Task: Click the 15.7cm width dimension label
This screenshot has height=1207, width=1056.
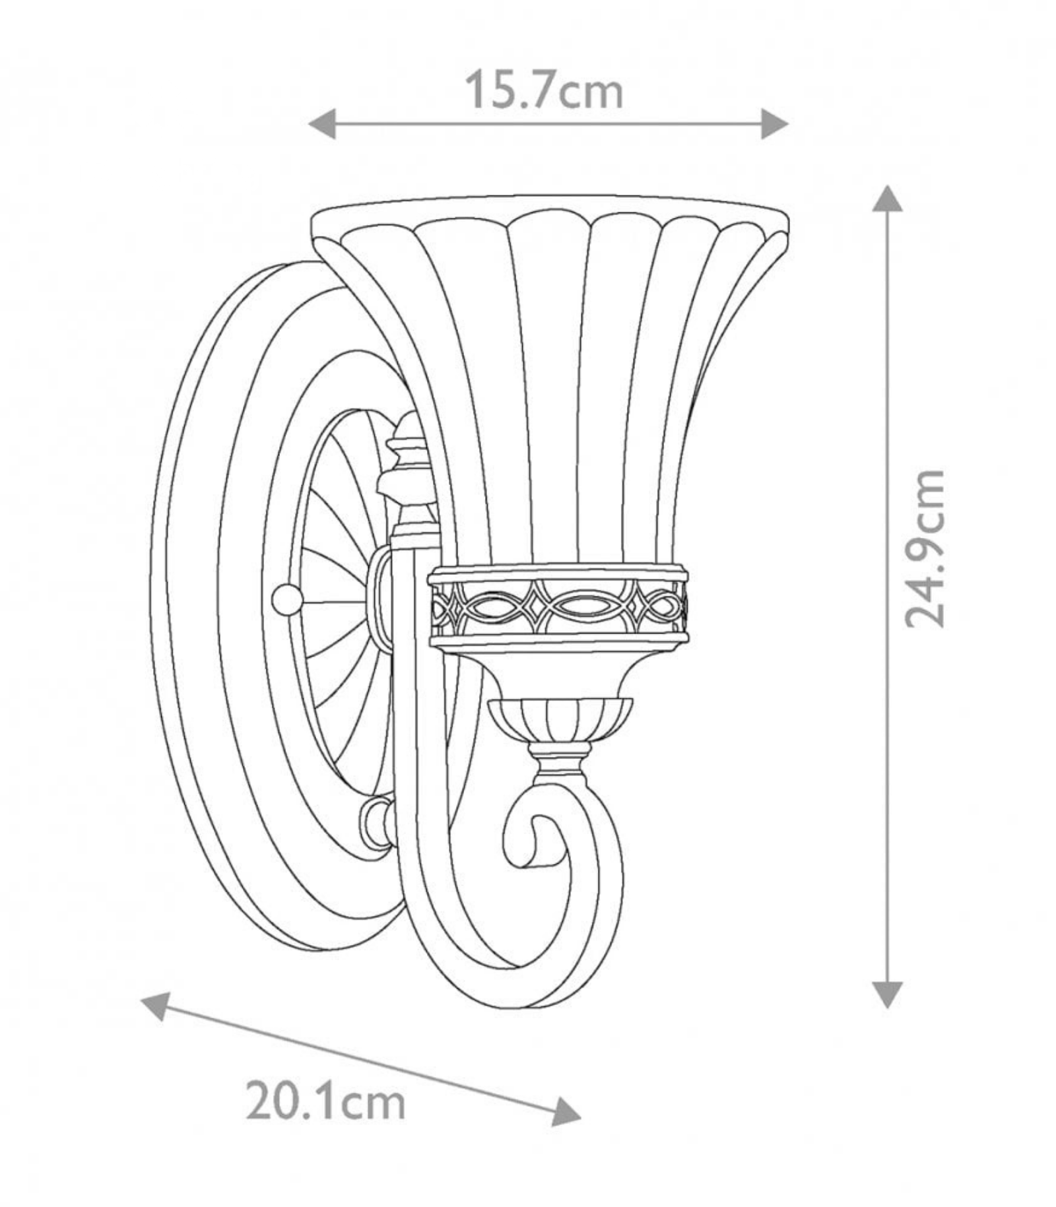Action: (x=544, y=90)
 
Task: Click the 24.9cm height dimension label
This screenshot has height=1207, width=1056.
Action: (x=924, y=548)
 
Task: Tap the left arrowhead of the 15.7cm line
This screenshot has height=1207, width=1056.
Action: (x=322, y=124)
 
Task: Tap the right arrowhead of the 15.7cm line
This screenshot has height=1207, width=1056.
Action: (x=774, y=124)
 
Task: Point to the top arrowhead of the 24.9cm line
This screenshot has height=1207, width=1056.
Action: (x=887, y=198)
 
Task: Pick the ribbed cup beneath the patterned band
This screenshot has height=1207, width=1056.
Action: (x=560, y=721)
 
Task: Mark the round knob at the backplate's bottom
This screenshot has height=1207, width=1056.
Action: (x=377, y=821)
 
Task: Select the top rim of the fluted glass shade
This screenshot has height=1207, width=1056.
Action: (x=550, y=214)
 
